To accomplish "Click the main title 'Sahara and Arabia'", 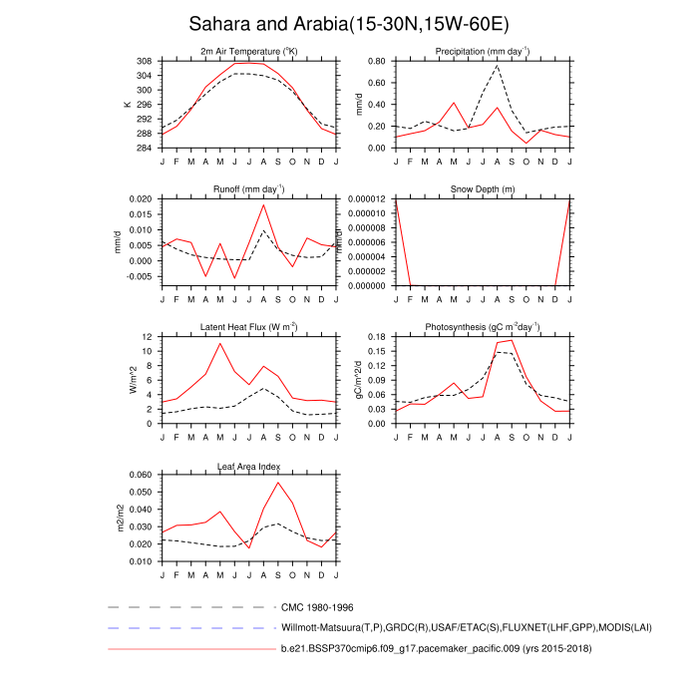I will click(x=348, y=24).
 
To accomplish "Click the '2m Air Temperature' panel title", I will click(x=249, y=52).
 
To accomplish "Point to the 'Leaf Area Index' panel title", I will click(x=249, y=466).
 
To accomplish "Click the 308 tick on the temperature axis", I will click(x=144, y=61).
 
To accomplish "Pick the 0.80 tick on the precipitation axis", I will click(x=377, y=61).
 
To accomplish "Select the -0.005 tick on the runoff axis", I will click(x=140, y=277).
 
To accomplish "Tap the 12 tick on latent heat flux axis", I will click(x=146, y=337).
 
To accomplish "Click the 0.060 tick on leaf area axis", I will click(x=140, y=475).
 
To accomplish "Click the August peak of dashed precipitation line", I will click(x=498, y=66).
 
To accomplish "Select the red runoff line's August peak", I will click(x=264, y=204).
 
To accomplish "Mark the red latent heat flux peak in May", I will click(x=220, y=343).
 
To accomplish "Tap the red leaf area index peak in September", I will click(x=278, y=483).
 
